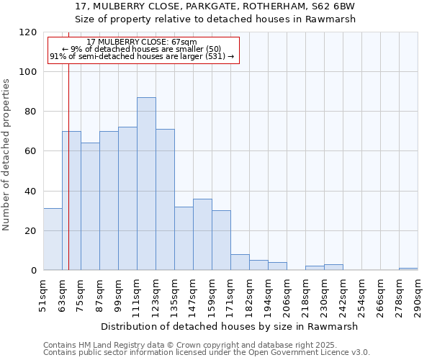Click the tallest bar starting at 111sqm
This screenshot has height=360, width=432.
point(146,184)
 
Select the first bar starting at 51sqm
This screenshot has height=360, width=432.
point(53,239)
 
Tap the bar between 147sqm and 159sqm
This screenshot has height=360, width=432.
point(202,235)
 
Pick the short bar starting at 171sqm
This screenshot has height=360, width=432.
point(240,263)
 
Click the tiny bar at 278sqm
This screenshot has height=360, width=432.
point(408,269)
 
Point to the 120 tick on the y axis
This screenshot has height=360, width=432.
point(30,32)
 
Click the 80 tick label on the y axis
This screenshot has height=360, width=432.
point(30,112)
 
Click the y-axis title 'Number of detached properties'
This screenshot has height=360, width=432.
point(7,155)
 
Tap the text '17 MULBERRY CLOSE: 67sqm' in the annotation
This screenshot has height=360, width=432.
point(142,42)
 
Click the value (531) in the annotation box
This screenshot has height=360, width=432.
point(214,56)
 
